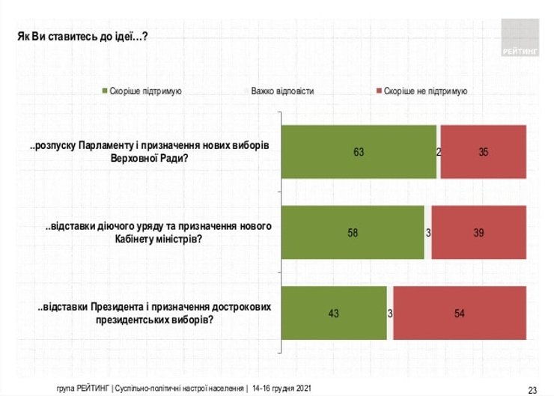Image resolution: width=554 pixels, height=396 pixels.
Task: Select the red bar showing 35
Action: coord(483,152)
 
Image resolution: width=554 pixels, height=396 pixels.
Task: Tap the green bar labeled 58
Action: coord(352,233)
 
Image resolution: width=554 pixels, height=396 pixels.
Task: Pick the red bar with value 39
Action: coord(478,233)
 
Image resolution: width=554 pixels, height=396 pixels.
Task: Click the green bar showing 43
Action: coord(334,313)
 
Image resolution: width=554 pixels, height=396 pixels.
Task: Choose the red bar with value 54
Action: coord(459,313)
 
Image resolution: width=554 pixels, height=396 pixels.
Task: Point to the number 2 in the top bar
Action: coord(439,152)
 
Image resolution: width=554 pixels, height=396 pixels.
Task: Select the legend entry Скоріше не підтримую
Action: coord(425,91)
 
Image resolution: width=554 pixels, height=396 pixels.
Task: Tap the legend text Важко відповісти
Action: coord(282,91)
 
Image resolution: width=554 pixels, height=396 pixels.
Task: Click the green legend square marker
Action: coord(105,91)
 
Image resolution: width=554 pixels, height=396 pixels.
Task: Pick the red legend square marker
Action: coord(378,91)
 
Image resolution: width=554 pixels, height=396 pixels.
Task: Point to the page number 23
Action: coord(532,389)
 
